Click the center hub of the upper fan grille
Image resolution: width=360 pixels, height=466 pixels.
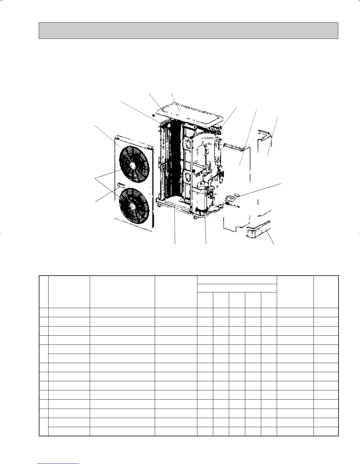click(x=133, y=165)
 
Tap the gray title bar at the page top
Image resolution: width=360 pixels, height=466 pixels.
click(x=188, y=31)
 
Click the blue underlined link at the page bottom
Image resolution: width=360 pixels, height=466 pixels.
click(x=58, y=464)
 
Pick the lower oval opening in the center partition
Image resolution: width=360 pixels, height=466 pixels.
click(x=187, y=177)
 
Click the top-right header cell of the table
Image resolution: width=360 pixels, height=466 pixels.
click(x=326, y=292)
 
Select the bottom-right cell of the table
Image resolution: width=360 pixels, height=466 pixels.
click(x=326, y=431)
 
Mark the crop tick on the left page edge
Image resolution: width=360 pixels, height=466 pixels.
click(x=1, y=234)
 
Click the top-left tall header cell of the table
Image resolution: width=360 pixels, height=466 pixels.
click(x=44, y=292)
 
